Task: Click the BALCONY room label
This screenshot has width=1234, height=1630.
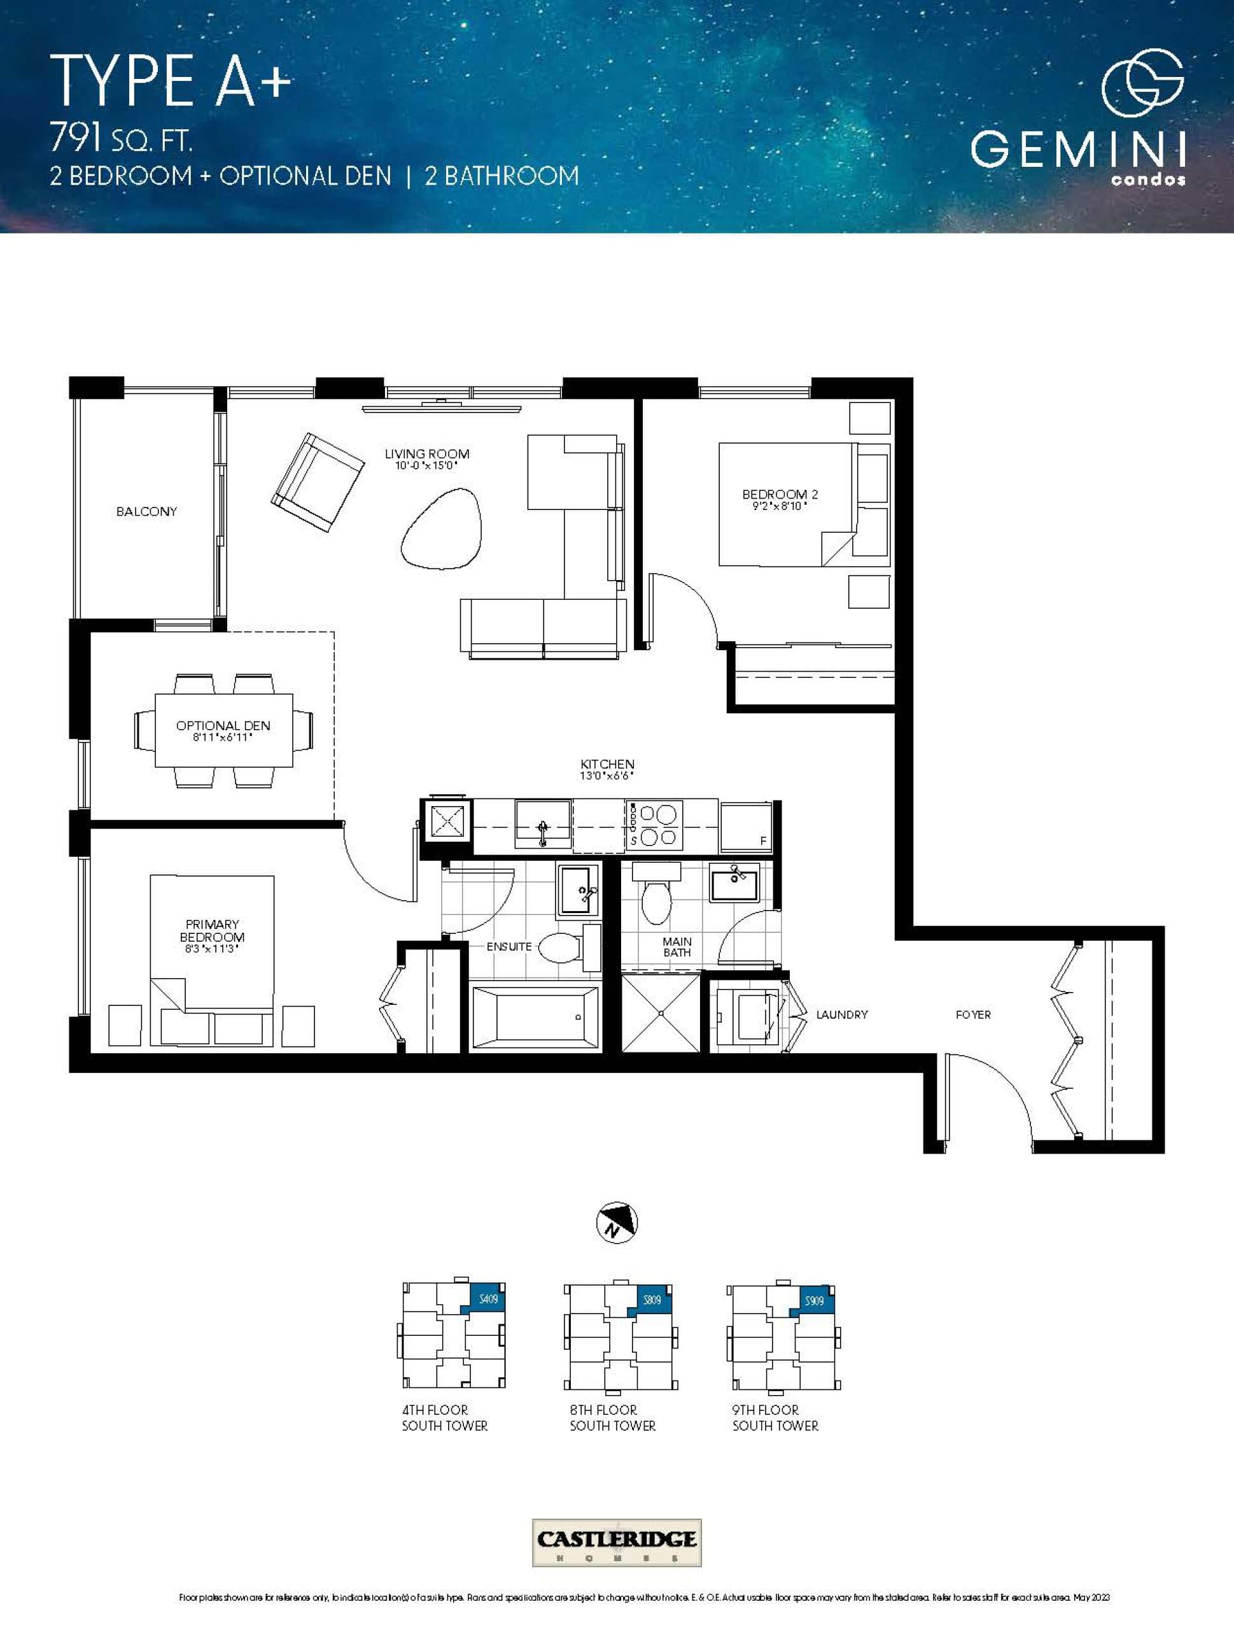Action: tap(146, 511)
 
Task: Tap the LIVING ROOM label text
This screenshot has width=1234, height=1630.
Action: tap(426, 454)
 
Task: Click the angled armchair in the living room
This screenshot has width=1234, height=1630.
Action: tap(318, 483)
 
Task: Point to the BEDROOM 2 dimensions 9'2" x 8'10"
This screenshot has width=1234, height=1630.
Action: tap(780, 506)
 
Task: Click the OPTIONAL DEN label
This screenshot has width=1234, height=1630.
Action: tap(223, 725)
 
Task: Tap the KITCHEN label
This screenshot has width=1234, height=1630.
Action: tap(607, 764)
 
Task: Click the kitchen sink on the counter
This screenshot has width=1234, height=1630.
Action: tap(543, 824)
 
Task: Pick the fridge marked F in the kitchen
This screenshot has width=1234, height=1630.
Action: tap(746, 827)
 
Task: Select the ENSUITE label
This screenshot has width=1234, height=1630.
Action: tap(508, 946)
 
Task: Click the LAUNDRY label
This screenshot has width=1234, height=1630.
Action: tap(841, 1015)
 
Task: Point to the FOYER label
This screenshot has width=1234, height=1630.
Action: tap(972, 1015)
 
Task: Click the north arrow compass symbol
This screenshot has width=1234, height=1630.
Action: tap(616, 1224)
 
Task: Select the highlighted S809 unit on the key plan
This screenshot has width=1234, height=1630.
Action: tap(651, 1301)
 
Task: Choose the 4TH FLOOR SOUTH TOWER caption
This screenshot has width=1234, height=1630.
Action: tap(444, 1418)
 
